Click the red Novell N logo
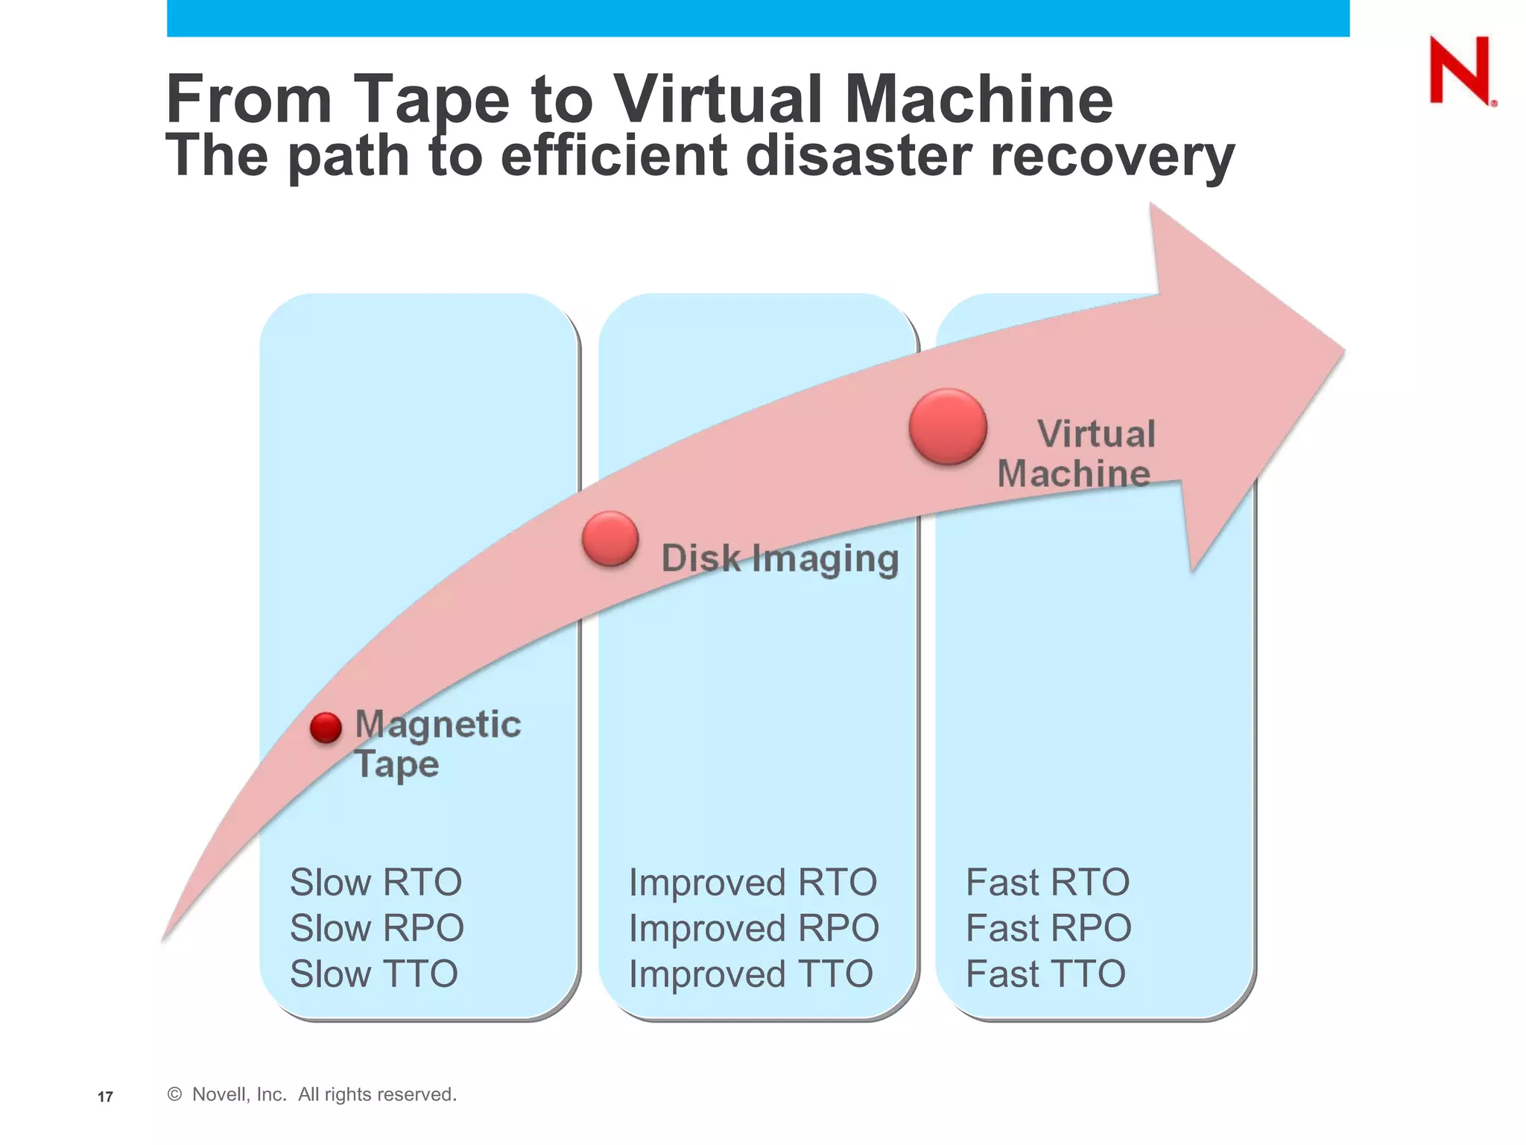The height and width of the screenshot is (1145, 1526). coord(1460,71)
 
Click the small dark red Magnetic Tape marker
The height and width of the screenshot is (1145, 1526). coord(326,728)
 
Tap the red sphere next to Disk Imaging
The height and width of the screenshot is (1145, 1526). coord(610,538)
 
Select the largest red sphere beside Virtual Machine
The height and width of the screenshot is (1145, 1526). coord(948,426)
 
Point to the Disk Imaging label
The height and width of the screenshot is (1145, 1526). coord(779,558)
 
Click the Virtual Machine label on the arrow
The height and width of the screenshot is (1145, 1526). coord(1077,453)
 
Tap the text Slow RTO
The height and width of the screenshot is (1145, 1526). coord(376,883)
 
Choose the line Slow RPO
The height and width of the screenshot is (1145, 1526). coord(376,928)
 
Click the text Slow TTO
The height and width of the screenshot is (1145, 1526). coord(373,974)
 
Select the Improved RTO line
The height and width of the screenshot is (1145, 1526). coord(753,883)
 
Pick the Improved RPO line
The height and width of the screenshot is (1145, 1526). coord(753,928)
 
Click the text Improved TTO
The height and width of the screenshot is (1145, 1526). coord(750,974)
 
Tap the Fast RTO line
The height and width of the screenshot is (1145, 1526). coord(1047,883)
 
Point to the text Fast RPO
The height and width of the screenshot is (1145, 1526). coord(1048,928)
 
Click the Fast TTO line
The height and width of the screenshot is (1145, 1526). coord(1045,974)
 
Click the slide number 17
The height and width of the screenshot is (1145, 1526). coord(105,1097)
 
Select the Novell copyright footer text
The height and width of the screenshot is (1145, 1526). coord(311,1094)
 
